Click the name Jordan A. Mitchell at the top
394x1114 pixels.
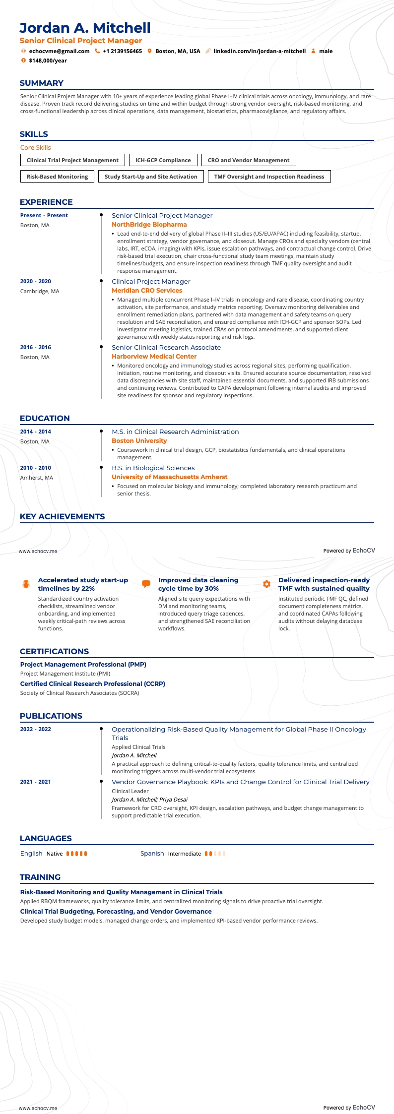[x=85, y=28]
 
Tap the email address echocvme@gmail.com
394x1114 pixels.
[x=59, y=51]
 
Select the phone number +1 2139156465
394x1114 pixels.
[x=122, y=51]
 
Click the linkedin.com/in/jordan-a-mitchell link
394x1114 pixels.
[x=260, y=51]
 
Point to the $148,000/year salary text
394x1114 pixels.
[x=48, y=61]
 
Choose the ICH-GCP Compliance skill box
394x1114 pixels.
[x=163, y=160]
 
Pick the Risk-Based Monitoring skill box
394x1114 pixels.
[x=57, y=177]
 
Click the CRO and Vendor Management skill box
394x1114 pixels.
[x=248, y=160]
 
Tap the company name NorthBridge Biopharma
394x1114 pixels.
[x=149, y=225]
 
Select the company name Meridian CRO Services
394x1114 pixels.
[x=147, y=291]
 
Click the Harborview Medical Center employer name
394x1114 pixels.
[x=154, y=357]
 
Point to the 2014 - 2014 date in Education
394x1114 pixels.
[x=35, y=432]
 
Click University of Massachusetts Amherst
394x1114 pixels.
[x=169, y=477]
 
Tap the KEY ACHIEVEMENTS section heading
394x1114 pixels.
[x=62, y=516]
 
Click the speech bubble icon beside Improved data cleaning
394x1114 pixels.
[x=146, y=584]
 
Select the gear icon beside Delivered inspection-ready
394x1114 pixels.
[x=266, y=584]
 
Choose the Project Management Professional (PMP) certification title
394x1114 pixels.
[x=83, y=665]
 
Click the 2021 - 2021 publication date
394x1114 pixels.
[x=35, y=782]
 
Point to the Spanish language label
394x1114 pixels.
[x=152, y=853]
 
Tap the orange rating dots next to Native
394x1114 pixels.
[x=76, y=854]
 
